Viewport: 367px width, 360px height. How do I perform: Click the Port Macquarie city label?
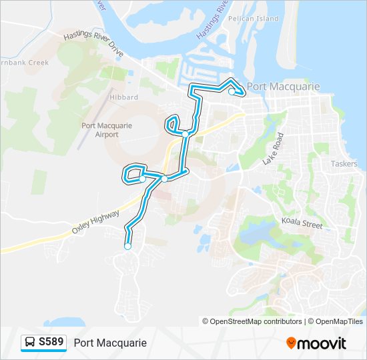[x=283, y=87]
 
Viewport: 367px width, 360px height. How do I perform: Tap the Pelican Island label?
[x=253, y=19]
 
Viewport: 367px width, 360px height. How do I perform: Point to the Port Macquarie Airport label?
[x=107, y=129]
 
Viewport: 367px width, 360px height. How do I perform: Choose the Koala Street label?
[x=302, y=225]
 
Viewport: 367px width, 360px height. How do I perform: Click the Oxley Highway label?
[x=95, y=222]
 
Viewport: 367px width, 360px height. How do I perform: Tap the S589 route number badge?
[x=51, y=342]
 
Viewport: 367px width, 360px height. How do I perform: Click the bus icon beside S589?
[x=30, y=343]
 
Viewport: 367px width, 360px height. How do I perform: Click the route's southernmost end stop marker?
[x=127, y=247]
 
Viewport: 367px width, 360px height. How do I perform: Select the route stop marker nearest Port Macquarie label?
[x=232, y=92]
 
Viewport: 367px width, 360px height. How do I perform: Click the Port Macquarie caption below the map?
[x=110, y=343]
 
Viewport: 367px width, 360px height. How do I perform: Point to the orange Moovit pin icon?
[x=291, y=343]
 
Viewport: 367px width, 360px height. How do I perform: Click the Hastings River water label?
[x=212, y=19]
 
